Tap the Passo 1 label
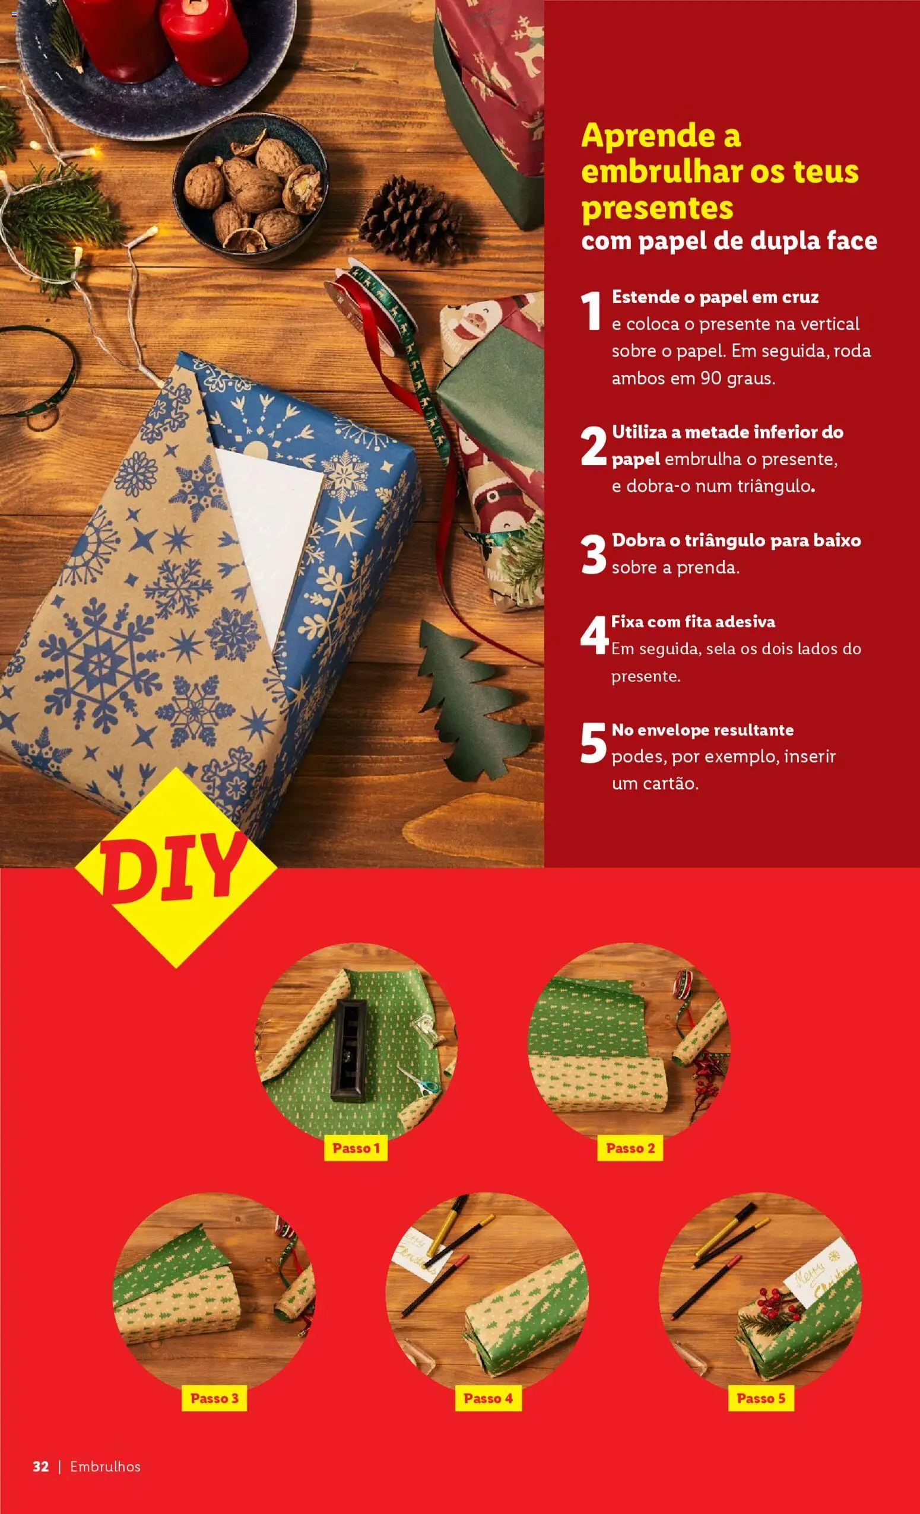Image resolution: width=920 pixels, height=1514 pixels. pyautogui.click(x=356, y=1148)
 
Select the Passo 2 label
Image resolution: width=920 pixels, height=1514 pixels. pyautogui.click(x=630, y=1148)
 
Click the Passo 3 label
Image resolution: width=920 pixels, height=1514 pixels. pyautogui.click(x=214, y=1398)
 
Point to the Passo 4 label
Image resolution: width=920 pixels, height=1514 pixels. pyautogui.click(x=488, y=1398)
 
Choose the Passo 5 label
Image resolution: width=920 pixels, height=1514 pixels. pyautogui.click(x=761, y=1398)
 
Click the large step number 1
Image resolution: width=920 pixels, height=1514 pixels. pyautogui.click(x=591, y=311)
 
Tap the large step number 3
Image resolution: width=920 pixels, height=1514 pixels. pyautogui.click(x=593, y=555)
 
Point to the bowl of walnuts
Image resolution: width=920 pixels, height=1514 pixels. pyautogui.click(x=250, y=187)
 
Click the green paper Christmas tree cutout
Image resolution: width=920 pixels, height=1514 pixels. pyautogui.click(x=470, y=702)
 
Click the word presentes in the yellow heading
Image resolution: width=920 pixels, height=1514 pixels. pyautogui.click(x=657, y=208)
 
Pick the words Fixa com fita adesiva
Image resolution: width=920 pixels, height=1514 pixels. pyautogui.click(x=693, y=621)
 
